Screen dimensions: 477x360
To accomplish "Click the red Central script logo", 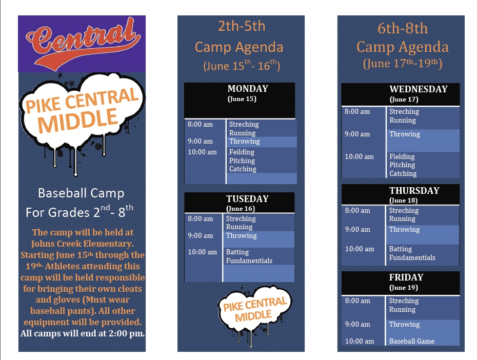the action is tap(83, 41).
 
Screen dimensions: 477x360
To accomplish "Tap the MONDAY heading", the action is tap(248, 89).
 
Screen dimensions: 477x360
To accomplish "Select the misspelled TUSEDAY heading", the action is tap(247, 199).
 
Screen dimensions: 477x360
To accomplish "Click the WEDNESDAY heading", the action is tap(419, 89).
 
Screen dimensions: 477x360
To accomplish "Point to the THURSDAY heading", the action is tap(414, 191).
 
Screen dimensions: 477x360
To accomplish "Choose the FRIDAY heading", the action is tap(406, 277).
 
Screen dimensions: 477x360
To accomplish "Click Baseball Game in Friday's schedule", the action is tap(411, 341).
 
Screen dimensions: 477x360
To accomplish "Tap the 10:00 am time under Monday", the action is tap(202, 152).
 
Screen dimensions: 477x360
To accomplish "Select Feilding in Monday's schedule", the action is tap(242, 152).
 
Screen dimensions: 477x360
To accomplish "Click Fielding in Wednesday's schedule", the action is tap(402, 156).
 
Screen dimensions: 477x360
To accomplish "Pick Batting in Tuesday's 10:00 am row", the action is tap(237, 252).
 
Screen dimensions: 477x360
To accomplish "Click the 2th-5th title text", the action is tap(242, 26).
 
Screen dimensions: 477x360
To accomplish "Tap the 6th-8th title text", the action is tap(403, 29).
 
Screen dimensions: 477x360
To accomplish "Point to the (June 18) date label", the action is tap(403, 201).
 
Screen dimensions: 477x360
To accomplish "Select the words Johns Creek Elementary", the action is tap(82, 244).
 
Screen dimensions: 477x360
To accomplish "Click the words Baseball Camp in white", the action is tap(81, 193).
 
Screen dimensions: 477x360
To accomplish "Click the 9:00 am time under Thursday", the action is tap(357, 230).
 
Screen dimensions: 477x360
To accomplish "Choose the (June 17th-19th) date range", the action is tap(403, 64).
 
